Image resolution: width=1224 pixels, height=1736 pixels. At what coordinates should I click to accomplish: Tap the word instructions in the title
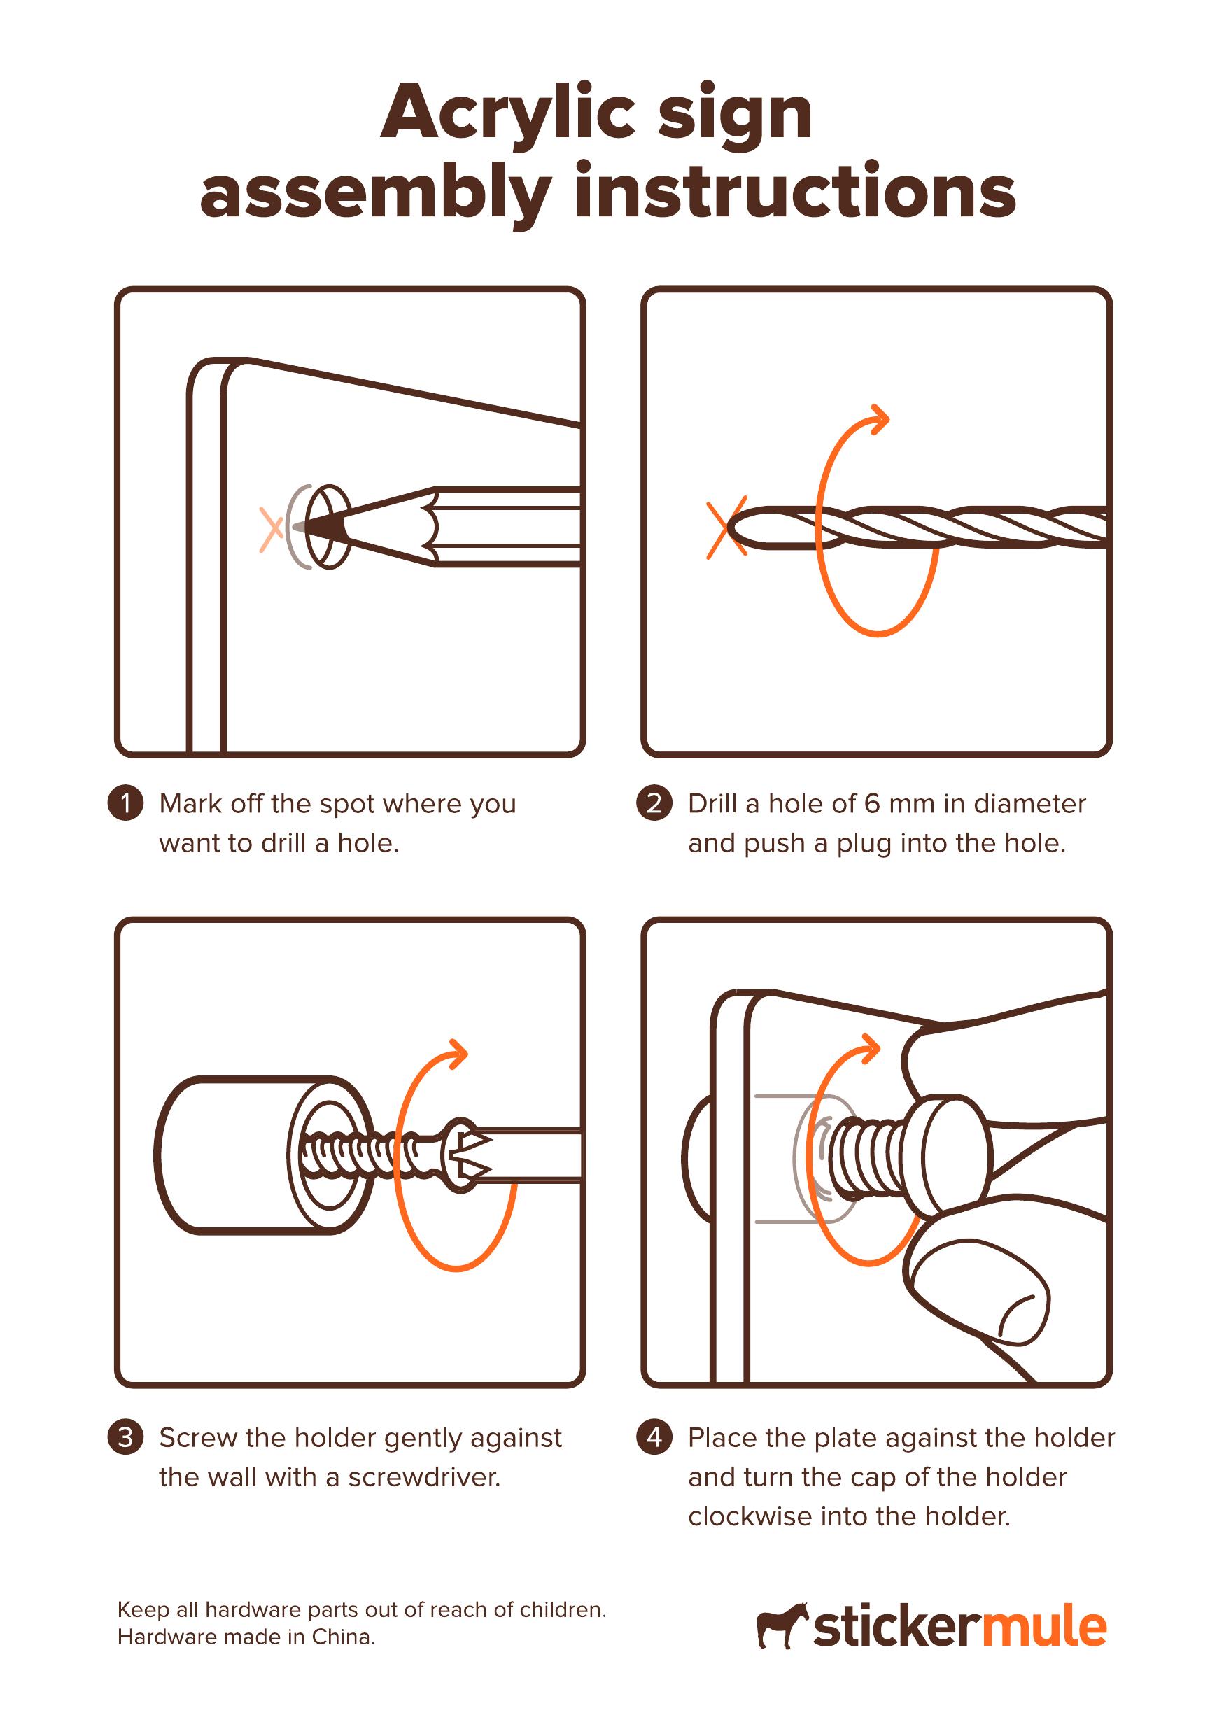794,194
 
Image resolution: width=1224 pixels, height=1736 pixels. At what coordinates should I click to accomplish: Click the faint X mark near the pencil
271,528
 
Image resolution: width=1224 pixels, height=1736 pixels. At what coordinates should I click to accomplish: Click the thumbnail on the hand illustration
1024,1317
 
